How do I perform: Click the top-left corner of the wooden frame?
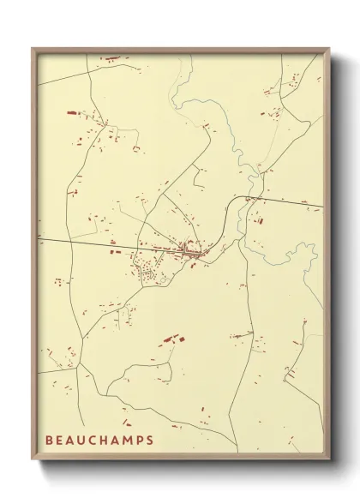point(33,48)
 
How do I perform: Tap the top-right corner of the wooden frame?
point(329,49)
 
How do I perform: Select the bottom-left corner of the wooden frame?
point(33,460)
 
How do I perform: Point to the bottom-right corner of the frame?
point(329,460)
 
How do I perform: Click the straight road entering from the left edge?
point(77,243)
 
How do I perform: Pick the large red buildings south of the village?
point(170,341)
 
